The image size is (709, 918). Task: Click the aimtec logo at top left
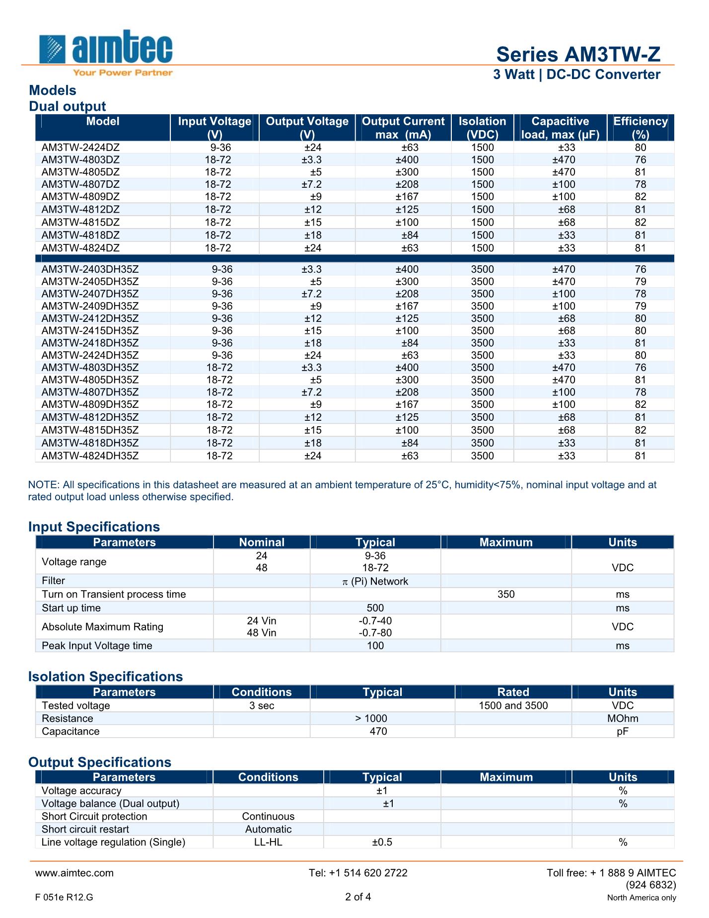106,52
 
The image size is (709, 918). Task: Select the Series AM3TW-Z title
578,54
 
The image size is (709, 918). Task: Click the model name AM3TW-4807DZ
81,184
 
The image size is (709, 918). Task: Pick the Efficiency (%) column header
640,128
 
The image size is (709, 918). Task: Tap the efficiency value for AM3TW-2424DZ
640,148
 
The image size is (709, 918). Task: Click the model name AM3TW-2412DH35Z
90,318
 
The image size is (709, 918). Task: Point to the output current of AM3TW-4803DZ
407,160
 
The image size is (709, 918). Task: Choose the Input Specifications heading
94,527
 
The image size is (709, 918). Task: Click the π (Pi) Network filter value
375,581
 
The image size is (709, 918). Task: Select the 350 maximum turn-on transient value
506,594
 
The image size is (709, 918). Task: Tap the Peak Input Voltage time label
97,645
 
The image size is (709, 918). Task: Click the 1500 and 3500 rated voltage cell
513,705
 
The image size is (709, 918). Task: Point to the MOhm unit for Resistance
623,718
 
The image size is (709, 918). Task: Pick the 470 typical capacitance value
378,731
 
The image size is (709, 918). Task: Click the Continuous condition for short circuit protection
268,816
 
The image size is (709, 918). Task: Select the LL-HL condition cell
268,842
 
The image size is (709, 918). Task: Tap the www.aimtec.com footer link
74,873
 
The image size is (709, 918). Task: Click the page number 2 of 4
358,897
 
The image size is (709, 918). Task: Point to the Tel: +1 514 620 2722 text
358,873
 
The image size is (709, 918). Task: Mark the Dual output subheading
68,106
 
